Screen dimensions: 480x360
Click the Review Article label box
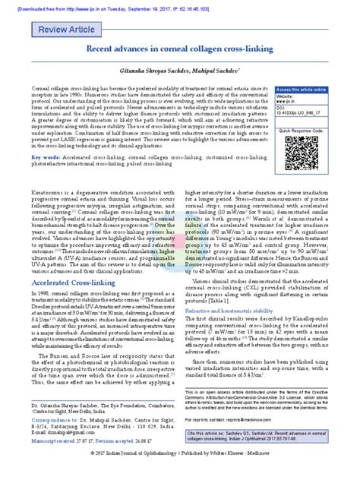coord(52,30)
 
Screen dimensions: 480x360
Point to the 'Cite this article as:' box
coord(269,434)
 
